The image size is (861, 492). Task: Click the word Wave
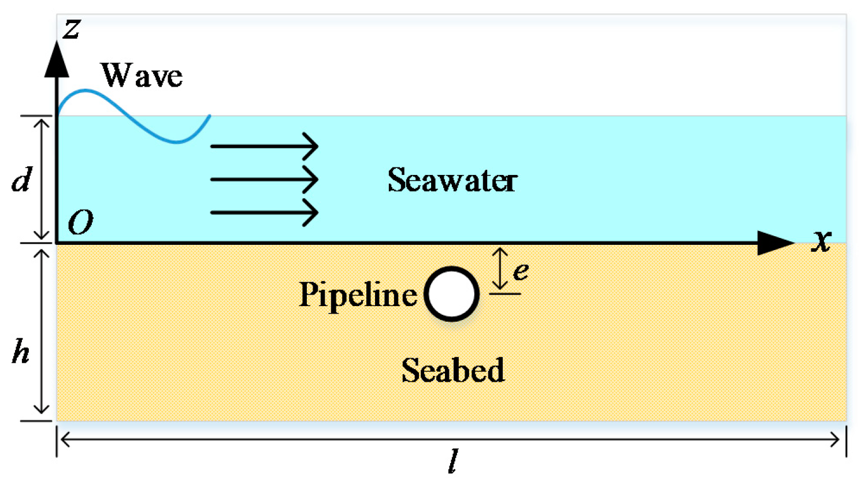coord(142,76)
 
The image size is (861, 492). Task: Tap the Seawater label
coord(452,180)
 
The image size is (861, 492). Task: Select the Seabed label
coord(453,370)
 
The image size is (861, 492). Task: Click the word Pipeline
coord(358,295)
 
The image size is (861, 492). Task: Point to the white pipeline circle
coord(452,294)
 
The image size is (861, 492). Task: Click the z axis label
coord(72,29)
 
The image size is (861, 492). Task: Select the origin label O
coord(80,222)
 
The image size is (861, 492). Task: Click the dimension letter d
coord(22,180)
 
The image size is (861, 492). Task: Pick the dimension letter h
coord(21,351)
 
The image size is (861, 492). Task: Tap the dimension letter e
coord(521,270)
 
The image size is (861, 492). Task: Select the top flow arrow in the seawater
coord(264,146)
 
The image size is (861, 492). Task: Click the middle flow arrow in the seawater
coord(264,180)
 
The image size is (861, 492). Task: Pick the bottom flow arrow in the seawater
coord(264,213)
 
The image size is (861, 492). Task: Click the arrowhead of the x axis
coord(775,243)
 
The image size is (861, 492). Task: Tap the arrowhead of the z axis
coord(57,60)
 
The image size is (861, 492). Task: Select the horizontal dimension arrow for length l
coord(451,440)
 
